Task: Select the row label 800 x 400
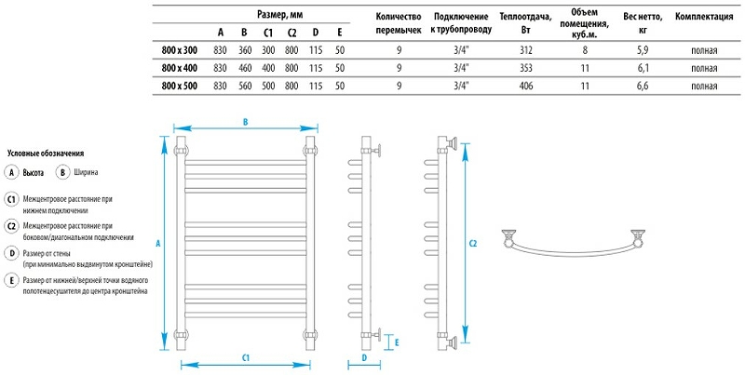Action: tap(180, 68)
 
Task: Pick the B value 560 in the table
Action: tap(244, 86)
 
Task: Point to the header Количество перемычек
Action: tap(399, 23)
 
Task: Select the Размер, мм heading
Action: tap(280, 15)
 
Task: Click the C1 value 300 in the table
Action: tap(268, 50)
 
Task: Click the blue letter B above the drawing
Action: tap(245, 122)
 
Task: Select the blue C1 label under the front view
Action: tap(245, 356)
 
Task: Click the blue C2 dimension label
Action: tap(472, 244)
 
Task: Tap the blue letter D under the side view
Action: tap(364, 356)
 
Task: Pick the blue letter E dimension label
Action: tap(398, 342)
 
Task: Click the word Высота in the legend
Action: tap(34, 173)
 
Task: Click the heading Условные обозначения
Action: tap(46, 153)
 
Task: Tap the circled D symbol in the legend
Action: tap(12, 252)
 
